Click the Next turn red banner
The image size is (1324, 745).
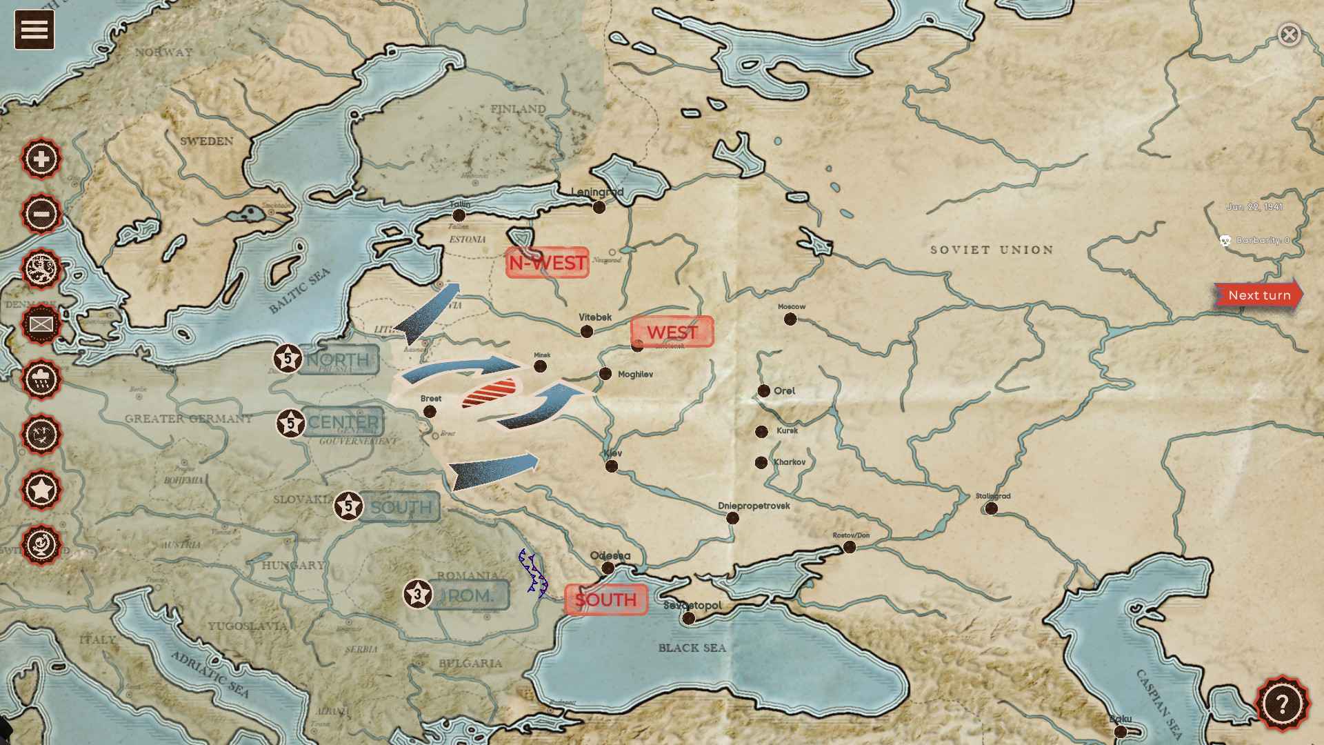[1258, 295]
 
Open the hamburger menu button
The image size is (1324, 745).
[34, 30]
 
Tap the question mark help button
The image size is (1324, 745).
[1282, 704]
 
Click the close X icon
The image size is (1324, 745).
[1289, 34]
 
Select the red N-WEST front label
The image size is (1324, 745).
[547, 263]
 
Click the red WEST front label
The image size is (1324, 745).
[672, 332]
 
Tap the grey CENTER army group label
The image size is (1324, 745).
[343, 422]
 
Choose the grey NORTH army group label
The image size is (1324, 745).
[338, 359]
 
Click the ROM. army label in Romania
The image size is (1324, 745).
[468, 595]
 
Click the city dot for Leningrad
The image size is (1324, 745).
[599, 207]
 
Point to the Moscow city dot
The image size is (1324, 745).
[790, 319]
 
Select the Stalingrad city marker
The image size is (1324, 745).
[991, 508]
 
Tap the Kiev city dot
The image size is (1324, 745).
[611, 466]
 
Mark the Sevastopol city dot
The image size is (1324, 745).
[688, 618]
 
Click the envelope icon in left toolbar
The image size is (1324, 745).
[41, 324]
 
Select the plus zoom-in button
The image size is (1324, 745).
[41, 159]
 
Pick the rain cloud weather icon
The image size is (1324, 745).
[41, 379]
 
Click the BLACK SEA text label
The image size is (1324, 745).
[692, 648]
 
